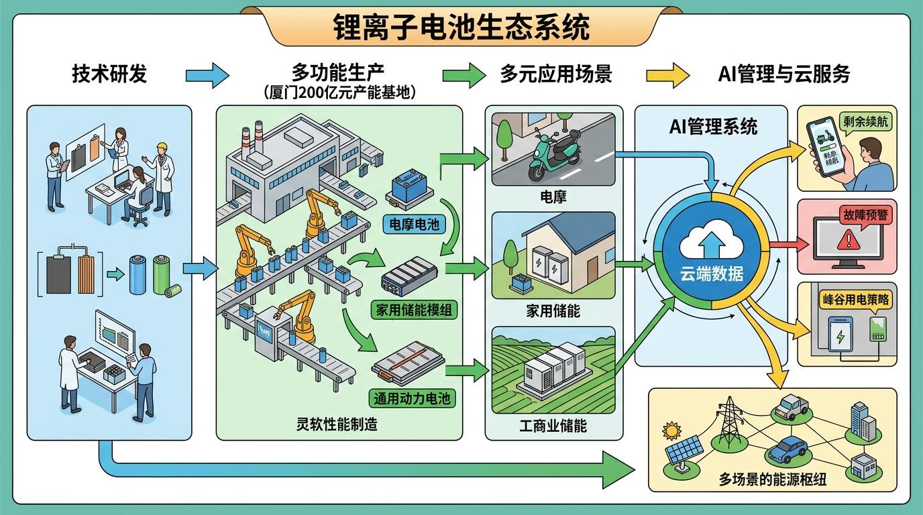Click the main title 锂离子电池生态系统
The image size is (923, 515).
coord(461,27)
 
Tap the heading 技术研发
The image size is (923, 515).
coord(109,74)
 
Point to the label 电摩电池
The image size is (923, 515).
coord(414,223)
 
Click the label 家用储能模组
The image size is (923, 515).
coord(414,310)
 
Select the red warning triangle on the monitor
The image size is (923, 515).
coord(848,237)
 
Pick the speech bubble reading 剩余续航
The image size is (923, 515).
coord(865,123)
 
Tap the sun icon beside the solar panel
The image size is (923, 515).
coord(670,430)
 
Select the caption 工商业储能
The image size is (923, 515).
coord(553,425)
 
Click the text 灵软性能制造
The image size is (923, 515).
coord(337,424)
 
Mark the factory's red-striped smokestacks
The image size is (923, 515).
coord(248,138)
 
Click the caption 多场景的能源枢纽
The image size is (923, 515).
coord(772,480)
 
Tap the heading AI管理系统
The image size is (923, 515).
coord(713,126)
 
